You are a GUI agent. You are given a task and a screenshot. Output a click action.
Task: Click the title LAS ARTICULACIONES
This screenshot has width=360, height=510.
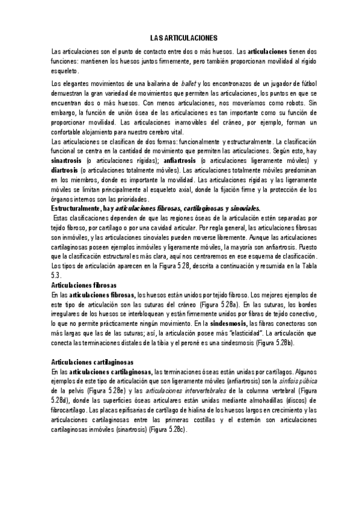click(180, 37)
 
